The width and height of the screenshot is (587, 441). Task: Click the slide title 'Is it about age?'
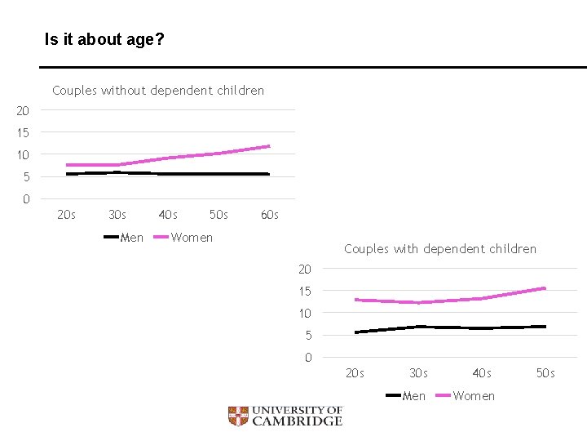pos(104,38)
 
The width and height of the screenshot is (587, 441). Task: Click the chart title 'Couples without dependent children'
pos(158,91)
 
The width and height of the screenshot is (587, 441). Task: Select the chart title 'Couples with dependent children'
pos(440,249)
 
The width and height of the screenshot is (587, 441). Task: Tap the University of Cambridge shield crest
pos(237,416)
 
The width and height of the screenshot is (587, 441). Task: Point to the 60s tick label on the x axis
pos(269,216)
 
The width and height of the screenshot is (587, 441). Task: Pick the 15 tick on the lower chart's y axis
pos(304,292)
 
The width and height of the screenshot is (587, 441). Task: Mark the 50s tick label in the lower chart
pos(545,374)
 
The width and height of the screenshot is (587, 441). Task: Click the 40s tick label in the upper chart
pos(168,216)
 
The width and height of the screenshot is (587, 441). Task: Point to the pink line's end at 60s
pos(268,146)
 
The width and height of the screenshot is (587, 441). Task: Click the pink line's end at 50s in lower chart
pos(545,288)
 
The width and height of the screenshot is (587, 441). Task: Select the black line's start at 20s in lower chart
pos(356,332)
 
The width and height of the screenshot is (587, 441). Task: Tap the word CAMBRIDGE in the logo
pos(297,421)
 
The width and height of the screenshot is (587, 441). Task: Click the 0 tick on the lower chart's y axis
pos(307,358)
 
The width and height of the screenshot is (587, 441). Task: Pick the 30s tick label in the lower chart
pos(418,374)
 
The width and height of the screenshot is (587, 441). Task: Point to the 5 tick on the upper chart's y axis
pos(26,177)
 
